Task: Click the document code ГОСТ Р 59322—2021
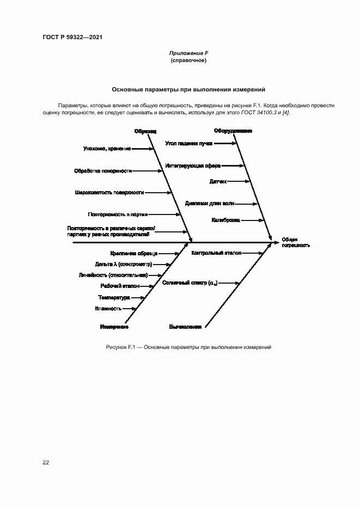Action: click(72, 37)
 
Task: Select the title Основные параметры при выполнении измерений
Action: click(188, 89)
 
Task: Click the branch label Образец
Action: click(145, 131)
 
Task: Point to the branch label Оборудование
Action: click(233, 131)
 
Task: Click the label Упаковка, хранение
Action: click(107, 148)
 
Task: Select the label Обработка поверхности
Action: click(103, 170)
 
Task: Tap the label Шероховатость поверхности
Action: click(109, 192)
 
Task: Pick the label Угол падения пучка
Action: click(189, 143)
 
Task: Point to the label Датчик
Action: click(218, 181)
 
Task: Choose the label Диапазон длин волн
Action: click(210, 204)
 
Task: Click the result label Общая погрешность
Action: click(296, 242)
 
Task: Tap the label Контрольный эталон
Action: click(216, 253)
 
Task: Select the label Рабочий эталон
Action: click(120, 286)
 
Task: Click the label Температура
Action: click(114, 297)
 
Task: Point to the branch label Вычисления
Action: click(185, 327)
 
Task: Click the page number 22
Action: click(46, 463)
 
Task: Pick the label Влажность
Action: click(108, 309)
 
